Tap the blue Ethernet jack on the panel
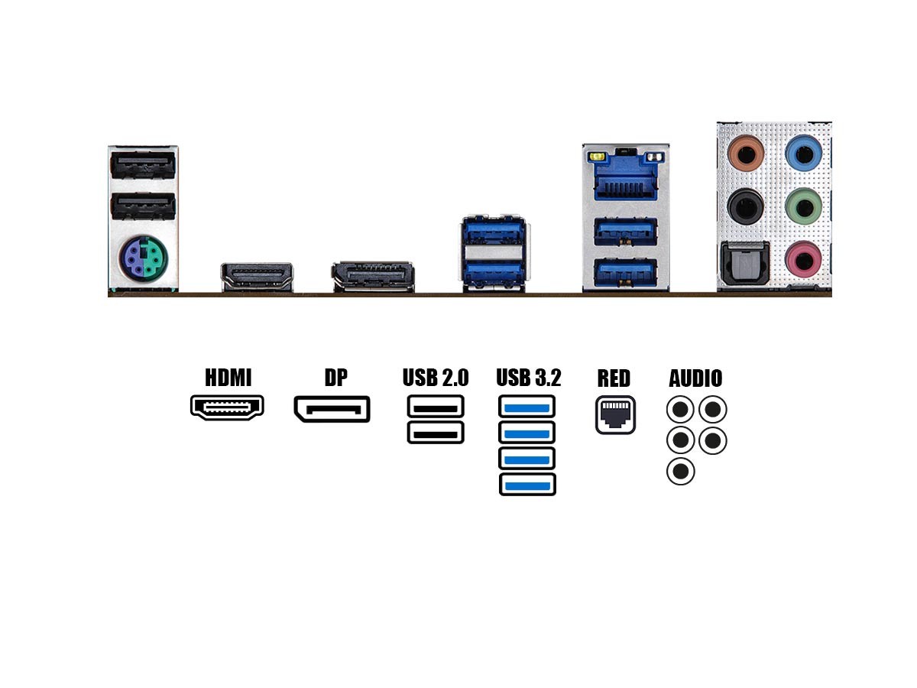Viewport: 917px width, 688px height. click(625, 181)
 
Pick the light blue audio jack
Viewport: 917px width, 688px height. click(803, 153)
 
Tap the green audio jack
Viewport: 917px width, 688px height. click(803, 205)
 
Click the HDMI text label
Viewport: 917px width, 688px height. click(228, 378)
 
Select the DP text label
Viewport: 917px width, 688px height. click(335, 378)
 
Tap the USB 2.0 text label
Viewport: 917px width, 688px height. click(436, 378)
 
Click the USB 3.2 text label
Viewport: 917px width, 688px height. click(528, 378)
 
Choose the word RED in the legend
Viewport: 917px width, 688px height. click(614, 378)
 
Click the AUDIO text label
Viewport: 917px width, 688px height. click(695, 378)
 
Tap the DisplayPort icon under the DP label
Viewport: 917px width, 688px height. click(332, 409)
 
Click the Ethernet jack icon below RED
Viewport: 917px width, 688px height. click(615, 415)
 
